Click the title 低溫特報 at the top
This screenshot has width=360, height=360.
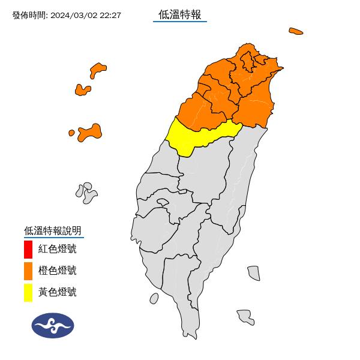(x=179, y=14)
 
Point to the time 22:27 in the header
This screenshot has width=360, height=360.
(x=111, y=15)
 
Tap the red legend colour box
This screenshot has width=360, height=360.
(x=28, y=248)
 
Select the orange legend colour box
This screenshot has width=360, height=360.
(x=28, y=271)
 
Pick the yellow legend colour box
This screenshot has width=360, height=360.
(x=28, y=292)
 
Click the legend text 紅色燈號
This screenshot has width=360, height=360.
(x=58, y=248)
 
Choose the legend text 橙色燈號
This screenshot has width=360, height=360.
(x=58, y=271)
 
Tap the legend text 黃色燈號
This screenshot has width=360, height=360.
(x=58, y=292)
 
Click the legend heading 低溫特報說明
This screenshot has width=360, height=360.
(x=52, y=230)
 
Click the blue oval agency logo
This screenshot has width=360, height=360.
(x=53, y=326)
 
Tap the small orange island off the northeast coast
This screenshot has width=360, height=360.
(x=295, y=31)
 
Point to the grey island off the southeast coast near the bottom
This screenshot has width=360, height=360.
(x=245, y=316)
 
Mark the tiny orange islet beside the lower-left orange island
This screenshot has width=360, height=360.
(x=71, y=132)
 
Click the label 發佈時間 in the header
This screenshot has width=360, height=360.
(x=29, y=15)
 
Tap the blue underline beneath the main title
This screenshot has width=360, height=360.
(x=179, y=22)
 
